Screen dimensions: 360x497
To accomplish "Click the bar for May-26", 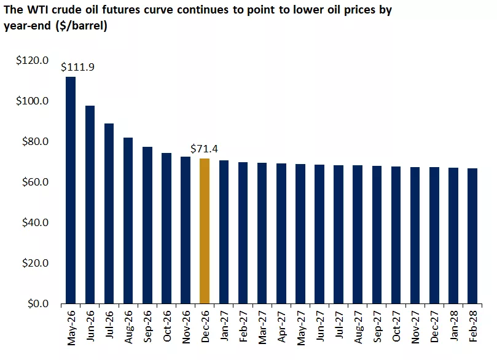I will tap(71, 190).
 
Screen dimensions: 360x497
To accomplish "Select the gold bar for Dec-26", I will tap(205, 231).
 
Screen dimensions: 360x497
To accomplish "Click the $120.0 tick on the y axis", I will tap(33, 60).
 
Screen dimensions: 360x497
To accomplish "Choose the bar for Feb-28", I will tap(472, 236).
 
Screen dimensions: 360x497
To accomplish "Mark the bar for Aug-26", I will tap(128, 221).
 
